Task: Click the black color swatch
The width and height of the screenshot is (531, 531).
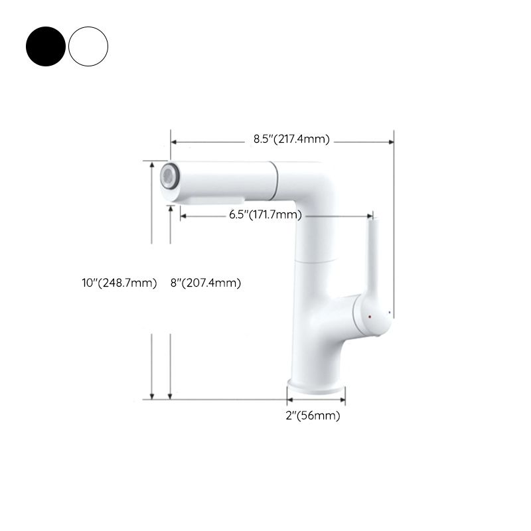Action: point(46,46)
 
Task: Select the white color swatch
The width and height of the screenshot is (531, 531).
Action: point(88,46)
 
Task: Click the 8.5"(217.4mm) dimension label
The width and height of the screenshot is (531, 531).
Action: point(291,139)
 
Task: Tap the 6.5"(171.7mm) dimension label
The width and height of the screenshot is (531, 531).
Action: point(265,214)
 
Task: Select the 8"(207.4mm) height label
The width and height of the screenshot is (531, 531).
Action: point(205,283)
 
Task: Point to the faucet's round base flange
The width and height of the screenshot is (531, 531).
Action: point(316,386)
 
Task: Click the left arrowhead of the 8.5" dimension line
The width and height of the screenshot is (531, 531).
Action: point(174,141)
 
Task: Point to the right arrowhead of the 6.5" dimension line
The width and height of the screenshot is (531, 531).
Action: point(369,216)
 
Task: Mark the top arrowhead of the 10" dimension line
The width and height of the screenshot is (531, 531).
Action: point(153,165)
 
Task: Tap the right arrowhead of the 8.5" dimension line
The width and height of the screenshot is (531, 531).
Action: point(392,141)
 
